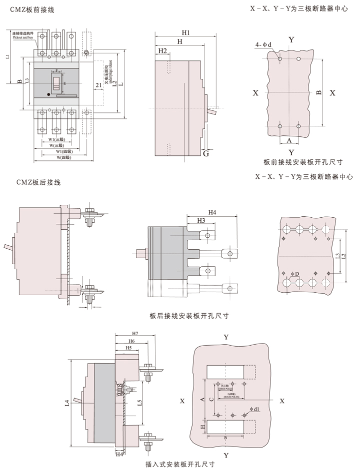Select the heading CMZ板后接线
pos(37,183)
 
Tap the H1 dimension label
pos(185,33)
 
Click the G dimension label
pos(205,154)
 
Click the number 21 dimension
pos(98,85)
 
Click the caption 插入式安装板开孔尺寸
pos(180,464)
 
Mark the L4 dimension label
pos(68,403)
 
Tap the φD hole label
pos(294,274)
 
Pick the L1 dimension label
pos(8,57)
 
